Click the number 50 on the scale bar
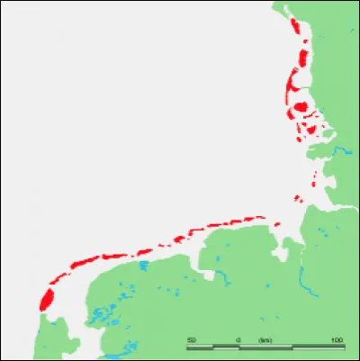(192, 339)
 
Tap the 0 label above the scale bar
(238, 339)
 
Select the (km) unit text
(265, 339)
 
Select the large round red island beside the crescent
(301, 107)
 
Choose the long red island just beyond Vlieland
(84, 260)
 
